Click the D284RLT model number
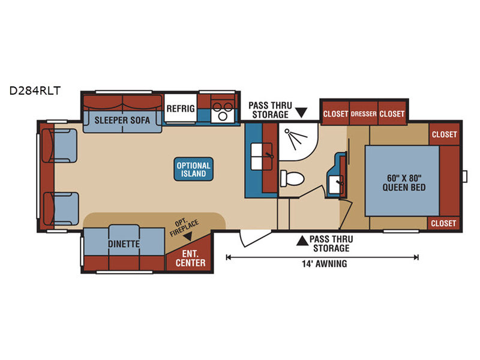pyautogui.click(x=35, y=91)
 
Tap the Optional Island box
pyautogui.click(x=193, y=169)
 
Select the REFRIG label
pyautogui.click(x=181, y=109)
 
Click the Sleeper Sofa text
pyautogui.click(x=122, y=121)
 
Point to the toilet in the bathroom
pyautogui.click(x=292, y=178)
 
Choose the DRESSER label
pyautogui.click(x=364, y=114)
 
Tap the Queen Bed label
pyautogui.click(x=404, y=183)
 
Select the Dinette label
pyautogui.click(x=124, y=244)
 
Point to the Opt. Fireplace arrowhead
pyautogui.click(x=187, y=236)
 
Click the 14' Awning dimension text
pyautogui.click(x=325, y=263)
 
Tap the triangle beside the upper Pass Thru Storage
pyautogui.click(x=301, y=112)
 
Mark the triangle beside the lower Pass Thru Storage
pyautogui.click(x=302, y=241)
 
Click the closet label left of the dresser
pyautogui.click(x=335, y=114)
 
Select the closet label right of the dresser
pyautogui.click(x=392, y=114)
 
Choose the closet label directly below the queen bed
pyautogui.click(x=443, y=223)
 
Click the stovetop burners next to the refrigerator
pyautogui.click(x=223, y=111)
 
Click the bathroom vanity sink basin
pyautogui.click(x=336, y=185)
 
